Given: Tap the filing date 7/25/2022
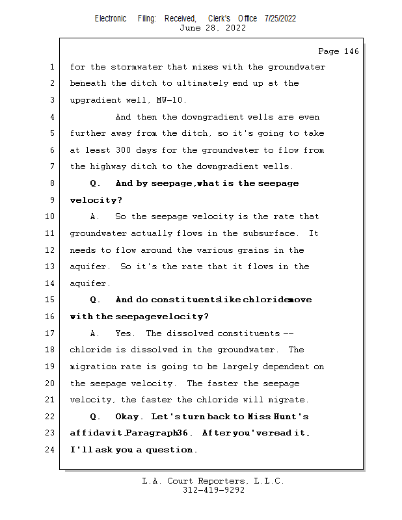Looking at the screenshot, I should click(280, 18).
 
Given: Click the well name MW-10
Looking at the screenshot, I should click(172, 100).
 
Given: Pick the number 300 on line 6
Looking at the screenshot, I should click(132, 150).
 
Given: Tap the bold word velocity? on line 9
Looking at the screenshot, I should click(96, 200).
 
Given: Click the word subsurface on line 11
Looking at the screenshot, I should click(271, 233).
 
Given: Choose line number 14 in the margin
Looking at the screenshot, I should click(51, 283).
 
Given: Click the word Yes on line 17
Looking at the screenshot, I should click(124, 333).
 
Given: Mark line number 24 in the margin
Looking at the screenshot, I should click(51, 450).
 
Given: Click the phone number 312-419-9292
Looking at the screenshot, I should click(213, 490).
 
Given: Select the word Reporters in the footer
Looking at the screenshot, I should click(221, 481).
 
